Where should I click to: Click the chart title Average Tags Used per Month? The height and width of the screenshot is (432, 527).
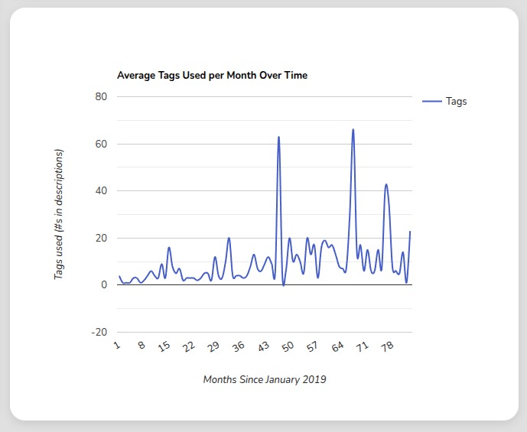tap(212, 76)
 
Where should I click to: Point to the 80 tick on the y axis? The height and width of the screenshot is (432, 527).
tap(101, 96)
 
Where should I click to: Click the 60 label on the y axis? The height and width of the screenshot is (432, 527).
tap(101, 144)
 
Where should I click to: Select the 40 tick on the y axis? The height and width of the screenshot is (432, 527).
tap(101, 190)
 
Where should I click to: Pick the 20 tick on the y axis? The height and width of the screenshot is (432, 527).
tap(101, 238)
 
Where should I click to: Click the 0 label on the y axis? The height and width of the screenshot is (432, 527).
tap(104, 285)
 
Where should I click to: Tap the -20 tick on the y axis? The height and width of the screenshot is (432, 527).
tap(99, 333)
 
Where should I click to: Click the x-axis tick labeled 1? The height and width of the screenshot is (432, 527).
tap(117, 346)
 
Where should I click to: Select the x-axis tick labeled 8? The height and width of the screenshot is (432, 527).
tap(142, 346)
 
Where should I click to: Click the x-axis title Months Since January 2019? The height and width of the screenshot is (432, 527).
tap(265, 379)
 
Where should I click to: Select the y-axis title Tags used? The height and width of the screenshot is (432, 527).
tap(59, 214)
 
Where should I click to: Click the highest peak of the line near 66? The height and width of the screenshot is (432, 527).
tap(353, 129)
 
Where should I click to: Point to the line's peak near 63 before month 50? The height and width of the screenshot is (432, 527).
tap(278, 137)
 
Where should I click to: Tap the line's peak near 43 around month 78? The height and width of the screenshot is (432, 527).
tap(386, 184)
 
